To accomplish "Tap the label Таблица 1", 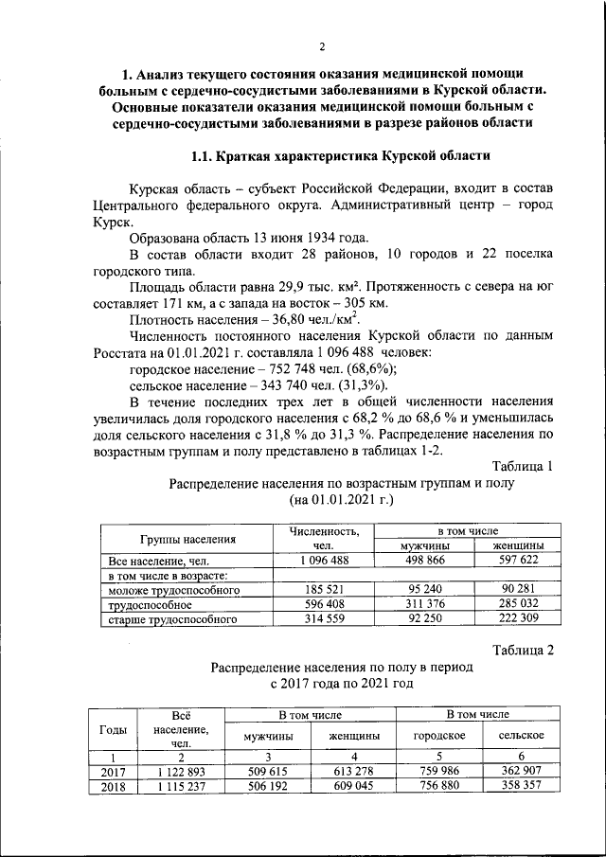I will point(523,465).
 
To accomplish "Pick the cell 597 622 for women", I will point(517,560).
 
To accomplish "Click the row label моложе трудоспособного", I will point(173,590).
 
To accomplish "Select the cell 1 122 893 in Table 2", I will point(173,772).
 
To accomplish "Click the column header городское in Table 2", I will point(439,735).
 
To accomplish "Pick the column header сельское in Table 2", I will point(521,735).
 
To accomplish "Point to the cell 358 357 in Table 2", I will point(521,786).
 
